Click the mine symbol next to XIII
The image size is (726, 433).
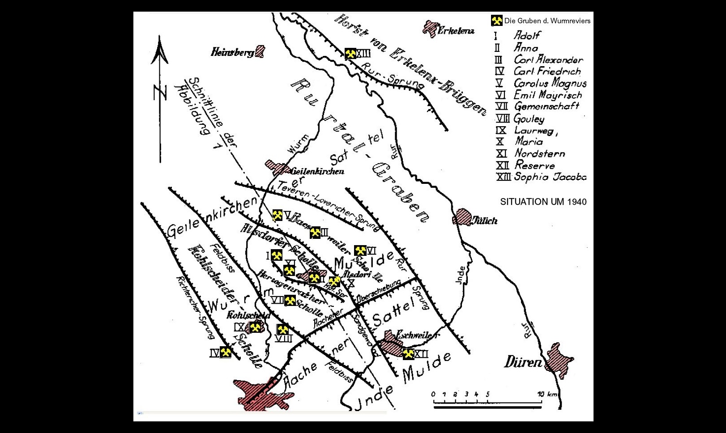pos(350,54)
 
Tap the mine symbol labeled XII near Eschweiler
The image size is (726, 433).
pos(408,354)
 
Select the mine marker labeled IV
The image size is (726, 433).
pos(226,352)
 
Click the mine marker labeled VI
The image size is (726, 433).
pos(360,250)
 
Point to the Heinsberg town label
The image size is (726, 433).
pos(232,52)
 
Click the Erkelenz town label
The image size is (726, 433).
pos(456,31)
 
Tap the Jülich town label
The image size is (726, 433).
pos(484,221)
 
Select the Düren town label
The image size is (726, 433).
pos(523,362)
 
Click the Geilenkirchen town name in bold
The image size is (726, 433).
pos(317,171)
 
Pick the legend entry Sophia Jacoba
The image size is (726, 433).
pos(550,177)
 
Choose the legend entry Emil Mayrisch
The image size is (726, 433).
pos(548,95)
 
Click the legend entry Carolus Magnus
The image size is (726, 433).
pos(550,83)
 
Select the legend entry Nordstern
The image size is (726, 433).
pos(539,153)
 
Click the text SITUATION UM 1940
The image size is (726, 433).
pos(543,202)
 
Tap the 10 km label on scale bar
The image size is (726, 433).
pos(547,394)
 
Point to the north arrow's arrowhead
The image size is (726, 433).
pos(159,49)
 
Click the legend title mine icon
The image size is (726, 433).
pos(496,21)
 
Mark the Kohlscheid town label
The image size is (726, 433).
pos(248,315)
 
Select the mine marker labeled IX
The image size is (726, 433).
pos(255,327)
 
